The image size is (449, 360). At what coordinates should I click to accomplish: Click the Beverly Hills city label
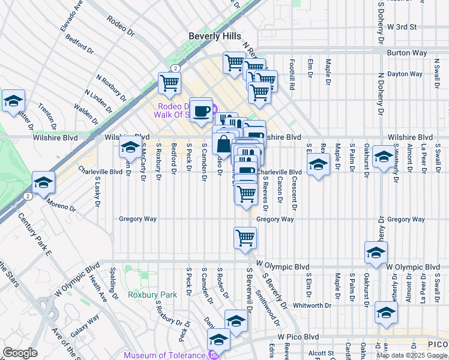pos(214,36)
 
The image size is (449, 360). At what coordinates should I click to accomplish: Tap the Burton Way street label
pos(406,53)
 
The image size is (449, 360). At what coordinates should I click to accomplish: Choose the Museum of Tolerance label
pos(164,355)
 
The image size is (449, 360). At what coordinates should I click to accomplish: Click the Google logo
pos(20,353)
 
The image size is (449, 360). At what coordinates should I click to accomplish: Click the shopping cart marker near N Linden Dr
pos(170,83)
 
